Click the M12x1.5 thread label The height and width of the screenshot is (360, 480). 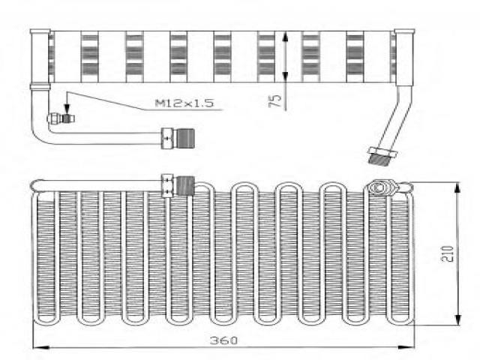[184, 103]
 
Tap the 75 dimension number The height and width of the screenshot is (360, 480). [275, 100]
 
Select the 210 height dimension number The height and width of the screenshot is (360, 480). [447, 253]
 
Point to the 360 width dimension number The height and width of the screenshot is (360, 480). [223, 340]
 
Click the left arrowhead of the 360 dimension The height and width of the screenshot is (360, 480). [40, 347]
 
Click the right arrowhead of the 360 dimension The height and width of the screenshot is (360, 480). [406, 347]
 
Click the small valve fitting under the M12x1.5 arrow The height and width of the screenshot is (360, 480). [61, 118]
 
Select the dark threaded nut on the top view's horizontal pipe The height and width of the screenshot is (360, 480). [186, 138]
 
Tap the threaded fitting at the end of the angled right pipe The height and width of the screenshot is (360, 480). [382, 157]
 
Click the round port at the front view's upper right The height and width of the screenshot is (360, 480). [378, 187]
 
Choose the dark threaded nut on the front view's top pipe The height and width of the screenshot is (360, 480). [186, 186]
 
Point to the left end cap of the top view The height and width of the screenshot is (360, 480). [40, 56]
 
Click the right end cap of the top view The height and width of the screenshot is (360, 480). [404, 57]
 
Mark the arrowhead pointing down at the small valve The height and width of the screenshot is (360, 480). [67, 109]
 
